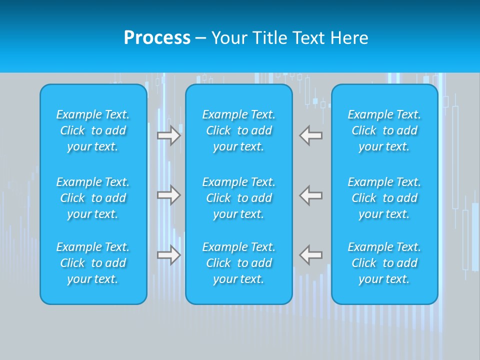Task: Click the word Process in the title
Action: (x=157, y=38)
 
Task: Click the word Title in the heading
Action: (x=270, y=38)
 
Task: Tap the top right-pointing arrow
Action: (x=169, y=135)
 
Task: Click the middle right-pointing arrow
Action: (x=169, y=195)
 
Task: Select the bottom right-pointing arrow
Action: (x=169, y=255)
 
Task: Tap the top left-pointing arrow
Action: (x=310, y=135)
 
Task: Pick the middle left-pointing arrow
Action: (x=310, y=195)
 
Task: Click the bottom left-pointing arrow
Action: (x=310, y=255)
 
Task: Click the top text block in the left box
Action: (x=93, y=130)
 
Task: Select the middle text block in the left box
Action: (x=93, y=198)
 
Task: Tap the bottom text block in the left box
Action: (x=93, y=263)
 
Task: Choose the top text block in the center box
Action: (x=238, y=130)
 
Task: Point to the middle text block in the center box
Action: (x=238, y=198)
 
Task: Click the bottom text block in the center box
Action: (x=238, y=263)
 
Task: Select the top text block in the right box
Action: (x=384, y=130)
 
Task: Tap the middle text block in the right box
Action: (x=384, y=198)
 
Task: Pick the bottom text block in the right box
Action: (x=384, y=263)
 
